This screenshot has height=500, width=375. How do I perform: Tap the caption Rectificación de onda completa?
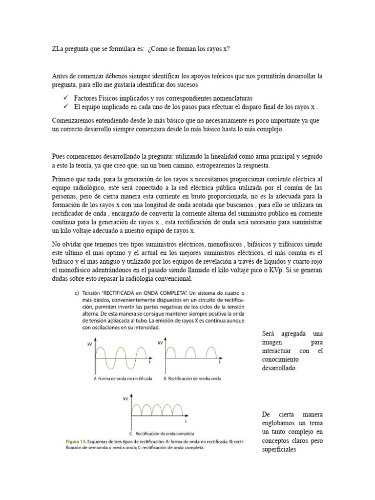pos(165,433)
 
